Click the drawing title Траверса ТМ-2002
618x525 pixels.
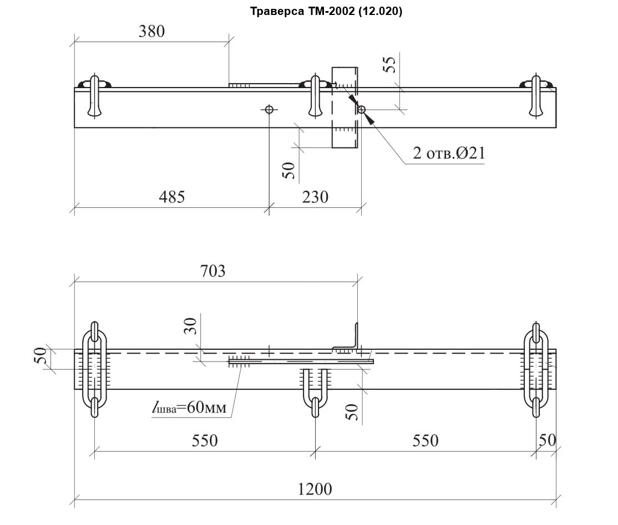326,12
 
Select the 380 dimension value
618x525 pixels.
151,32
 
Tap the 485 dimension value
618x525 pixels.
171,197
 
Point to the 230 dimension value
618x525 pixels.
316,197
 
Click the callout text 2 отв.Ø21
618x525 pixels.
449,153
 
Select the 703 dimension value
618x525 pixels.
213,271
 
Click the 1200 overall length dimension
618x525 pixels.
315,489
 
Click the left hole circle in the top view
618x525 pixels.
270,109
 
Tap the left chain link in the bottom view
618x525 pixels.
94,369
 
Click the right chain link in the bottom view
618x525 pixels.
536,369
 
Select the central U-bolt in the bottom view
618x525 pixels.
315,388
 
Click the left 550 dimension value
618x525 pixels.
205,441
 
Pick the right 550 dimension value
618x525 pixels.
425,441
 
